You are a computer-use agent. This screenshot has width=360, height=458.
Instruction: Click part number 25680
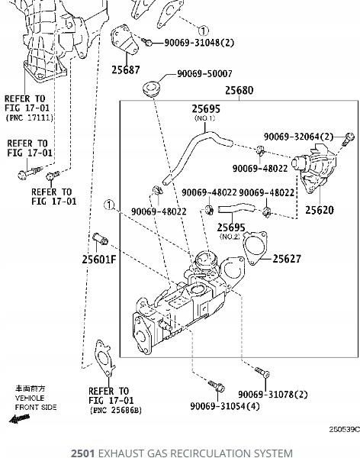[239, 91]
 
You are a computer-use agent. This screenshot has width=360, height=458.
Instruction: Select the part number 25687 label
[126, 70]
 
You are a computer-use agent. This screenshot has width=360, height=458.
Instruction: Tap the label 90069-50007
[205, 74]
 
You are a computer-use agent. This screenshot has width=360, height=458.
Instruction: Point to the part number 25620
[319, 210]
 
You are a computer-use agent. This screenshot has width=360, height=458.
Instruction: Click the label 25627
[287, 260]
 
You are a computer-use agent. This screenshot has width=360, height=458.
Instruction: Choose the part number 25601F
[99, 260]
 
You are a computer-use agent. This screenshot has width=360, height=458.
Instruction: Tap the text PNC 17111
[29, 118]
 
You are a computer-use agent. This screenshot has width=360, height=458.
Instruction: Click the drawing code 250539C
[344, 430]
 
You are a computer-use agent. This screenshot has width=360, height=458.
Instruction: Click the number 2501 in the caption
[82, 453]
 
